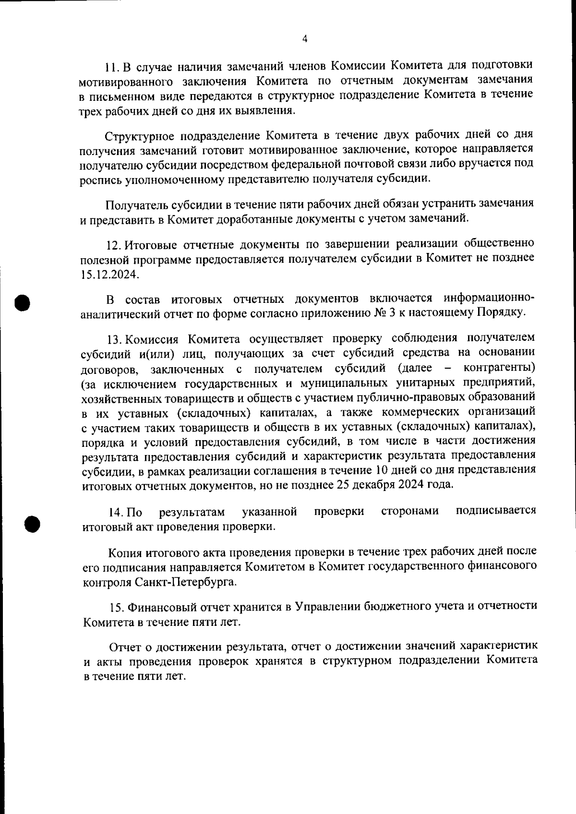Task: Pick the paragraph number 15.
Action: pos(117,608)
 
